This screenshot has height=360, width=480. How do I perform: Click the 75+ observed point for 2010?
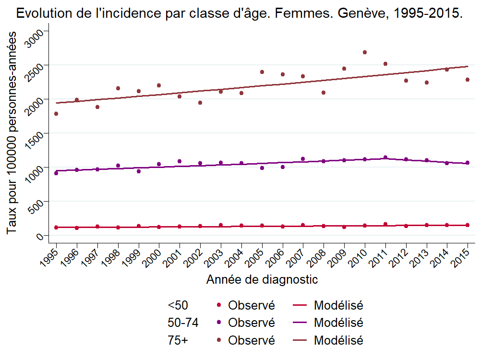(x=365, y=52)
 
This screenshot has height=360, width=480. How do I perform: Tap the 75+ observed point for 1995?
(x=56, y=114)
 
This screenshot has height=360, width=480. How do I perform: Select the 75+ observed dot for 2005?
(x=262, y=72)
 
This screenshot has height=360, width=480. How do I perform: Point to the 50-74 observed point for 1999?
(x=139, y=171)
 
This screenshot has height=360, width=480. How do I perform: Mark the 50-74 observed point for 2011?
(x=385, y=157)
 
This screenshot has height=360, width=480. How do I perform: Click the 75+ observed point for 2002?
(x=200, y=103)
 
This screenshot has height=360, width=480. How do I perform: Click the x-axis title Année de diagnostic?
(x=262, y=279)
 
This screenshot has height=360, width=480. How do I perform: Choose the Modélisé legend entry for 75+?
(x=338, y=341)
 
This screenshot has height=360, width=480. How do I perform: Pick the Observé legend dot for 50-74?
(x=219, y=323)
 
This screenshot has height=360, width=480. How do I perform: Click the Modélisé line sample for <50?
(x=300, y=305)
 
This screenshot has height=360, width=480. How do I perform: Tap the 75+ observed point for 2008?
(x=324, y=93)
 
